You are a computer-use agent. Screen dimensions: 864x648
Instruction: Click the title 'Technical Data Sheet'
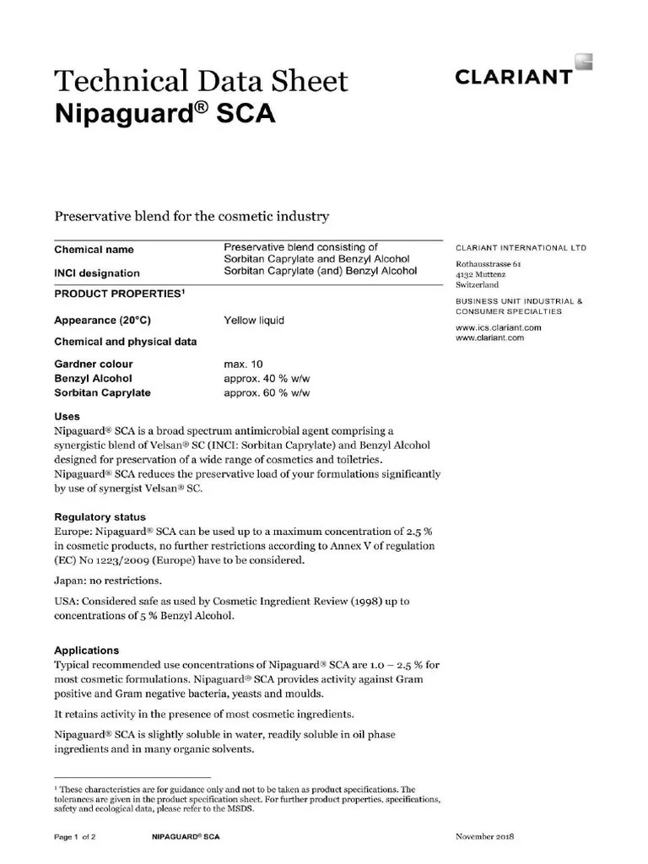click(x=201, y=81)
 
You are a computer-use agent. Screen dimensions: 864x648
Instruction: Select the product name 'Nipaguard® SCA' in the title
click(x=165, y=114)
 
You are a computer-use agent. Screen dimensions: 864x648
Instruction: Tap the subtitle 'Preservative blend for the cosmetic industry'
click(x=192, y=217)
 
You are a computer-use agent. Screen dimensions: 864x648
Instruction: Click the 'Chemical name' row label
click(x=94, y=250)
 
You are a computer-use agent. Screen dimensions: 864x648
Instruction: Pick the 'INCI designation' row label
click(x=97, y=273)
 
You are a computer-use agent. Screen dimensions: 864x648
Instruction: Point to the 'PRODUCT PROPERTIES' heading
click(x=119, y=293)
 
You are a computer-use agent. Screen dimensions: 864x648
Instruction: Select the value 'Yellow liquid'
click(x=254, y=321)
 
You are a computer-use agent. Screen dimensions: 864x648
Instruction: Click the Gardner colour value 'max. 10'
click(x=244, y=364)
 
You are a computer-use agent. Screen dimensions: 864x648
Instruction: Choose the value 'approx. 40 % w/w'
click(x=267, y=379)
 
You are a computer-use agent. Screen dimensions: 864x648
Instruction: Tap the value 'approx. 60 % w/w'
click(x=267, y=393)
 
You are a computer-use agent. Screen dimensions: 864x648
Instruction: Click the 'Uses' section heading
click(x=67, y=417)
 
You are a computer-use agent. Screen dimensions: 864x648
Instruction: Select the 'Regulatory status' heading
click(x=100, y=517)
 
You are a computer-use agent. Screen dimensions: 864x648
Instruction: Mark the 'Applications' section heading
click(x=87, y=651)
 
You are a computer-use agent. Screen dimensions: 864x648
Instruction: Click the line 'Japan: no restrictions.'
click(x=108, y=581)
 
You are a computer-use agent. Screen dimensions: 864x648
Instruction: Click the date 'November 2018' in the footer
click(x=484, y=837)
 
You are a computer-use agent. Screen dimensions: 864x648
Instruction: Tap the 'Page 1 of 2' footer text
click(x=75, y=837)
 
